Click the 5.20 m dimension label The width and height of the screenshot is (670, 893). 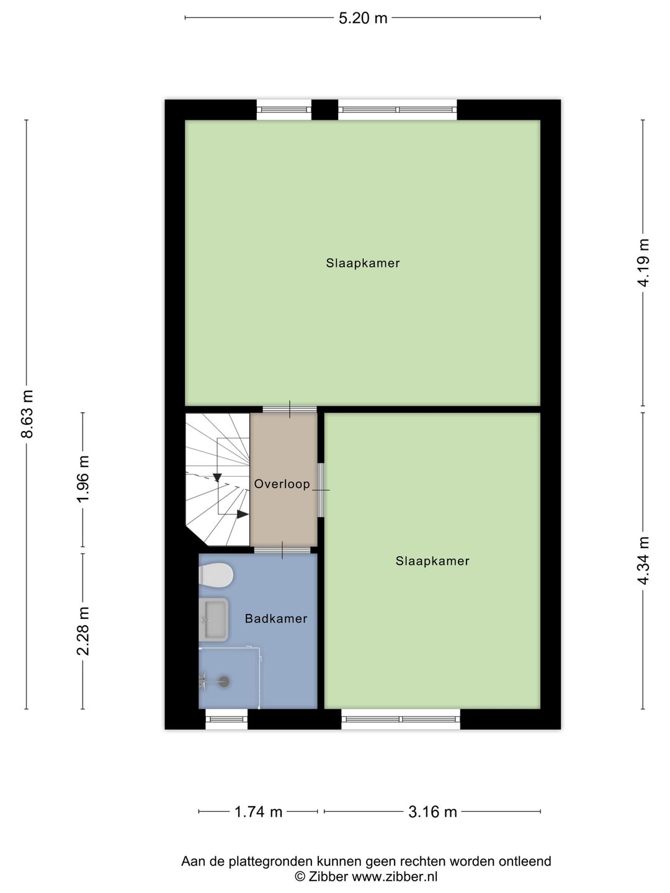[363, 18]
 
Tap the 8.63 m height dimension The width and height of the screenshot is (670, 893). [27, 414]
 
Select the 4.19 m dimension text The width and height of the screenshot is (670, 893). [643, 262]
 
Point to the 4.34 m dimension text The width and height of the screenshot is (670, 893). [643, 561]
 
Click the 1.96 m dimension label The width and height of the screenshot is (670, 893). [83, 479]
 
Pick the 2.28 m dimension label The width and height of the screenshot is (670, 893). [83, 631]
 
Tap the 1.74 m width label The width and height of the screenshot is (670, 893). [258, 811]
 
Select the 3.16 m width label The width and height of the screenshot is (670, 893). [432, 811]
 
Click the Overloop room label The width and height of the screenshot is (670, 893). [282, 484]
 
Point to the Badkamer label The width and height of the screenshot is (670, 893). [276, 618]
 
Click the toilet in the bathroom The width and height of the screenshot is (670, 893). [215, 575]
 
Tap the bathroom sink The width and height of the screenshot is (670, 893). [213, 620]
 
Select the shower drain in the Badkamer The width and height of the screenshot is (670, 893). [223, 681]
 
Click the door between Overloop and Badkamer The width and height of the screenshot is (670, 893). [282, 549]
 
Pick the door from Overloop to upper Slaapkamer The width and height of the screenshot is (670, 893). [290, 409]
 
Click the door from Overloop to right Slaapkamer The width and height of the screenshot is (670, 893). [321, 489]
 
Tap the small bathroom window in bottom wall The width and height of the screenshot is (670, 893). [226, 719]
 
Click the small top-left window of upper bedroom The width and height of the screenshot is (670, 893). [284, 110]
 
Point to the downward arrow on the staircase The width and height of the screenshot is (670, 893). [217, 477]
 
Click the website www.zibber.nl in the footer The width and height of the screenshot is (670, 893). [395, 876]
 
